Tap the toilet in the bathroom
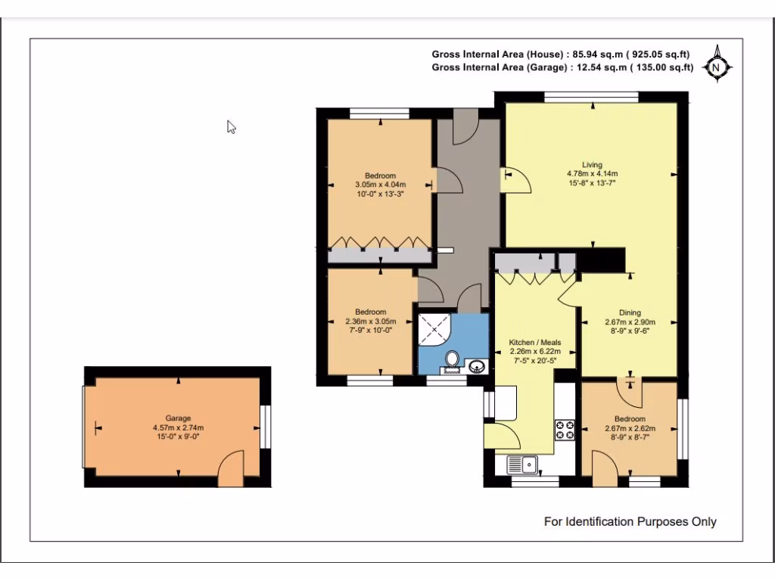[x=452, y=359]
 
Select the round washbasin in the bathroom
[x=477, y=366]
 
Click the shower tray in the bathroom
[x=434, y=329]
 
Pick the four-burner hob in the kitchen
[x=565, y=430]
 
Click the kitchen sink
[x=522, y=464]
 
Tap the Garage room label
[x=178, y=418]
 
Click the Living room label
[x=592, y=164]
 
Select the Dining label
[x=630, y=312]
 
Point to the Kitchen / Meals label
[x=535, y=342]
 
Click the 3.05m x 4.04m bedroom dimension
[x=380, y=185]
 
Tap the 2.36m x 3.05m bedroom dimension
[x=371, y=321]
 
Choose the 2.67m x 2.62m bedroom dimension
[x=630, y=428]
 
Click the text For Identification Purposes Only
[x=630, y=521]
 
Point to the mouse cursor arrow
[x=231, y=127]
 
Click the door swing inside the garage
[x=231, y=468]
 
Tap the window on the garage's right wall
[x=266, y=427]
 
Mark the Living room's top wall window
[x=592, y=97]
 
